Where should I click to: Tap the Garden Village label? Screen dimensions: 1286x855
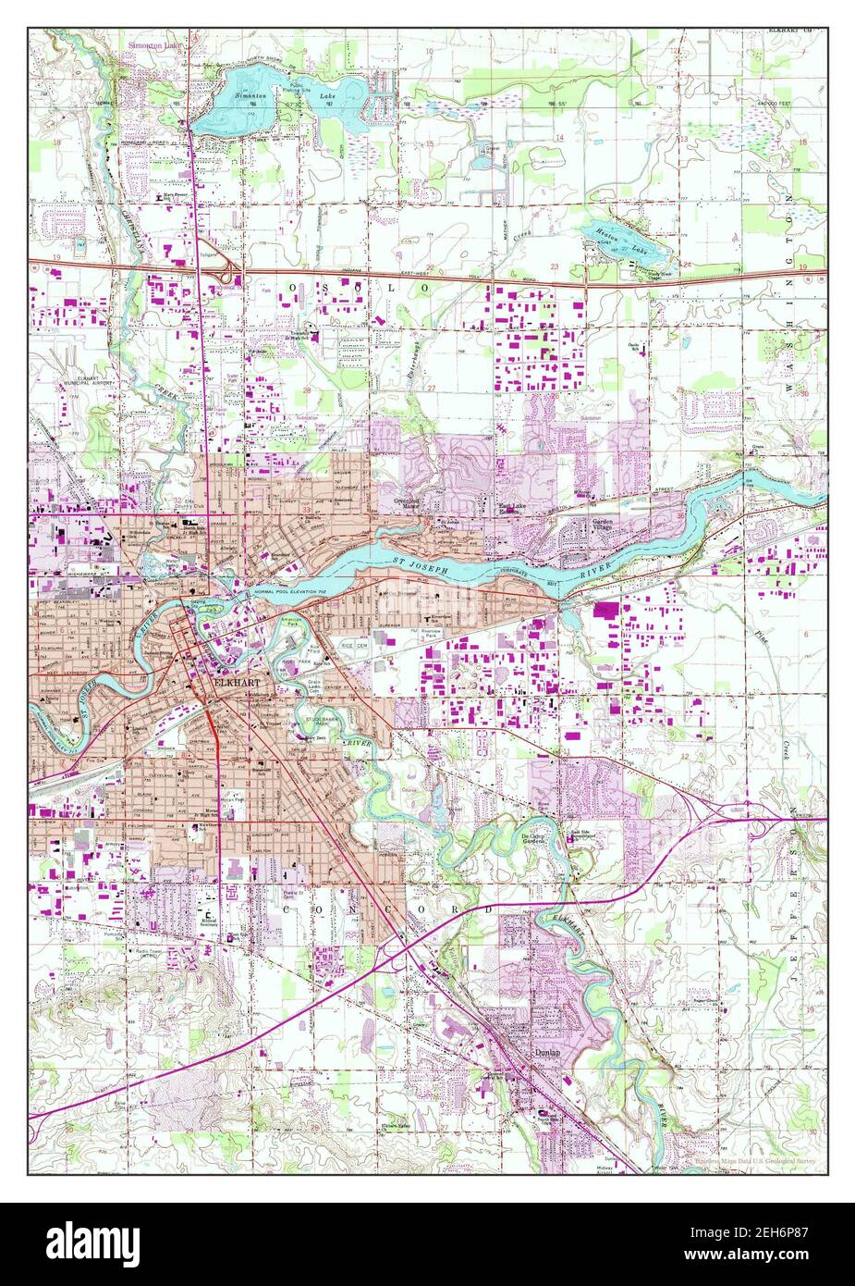point(604,526)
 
